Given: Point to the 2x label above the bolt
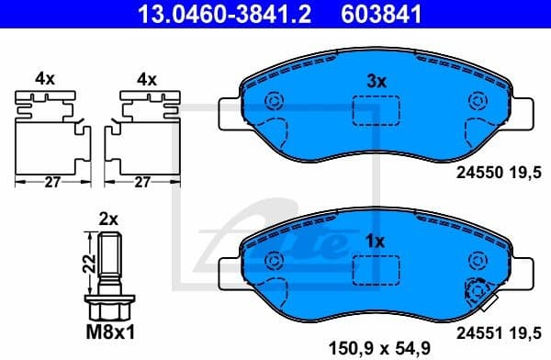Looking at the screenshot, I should click(x=109, y=219).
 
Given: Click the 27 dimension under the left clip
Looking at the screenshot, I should click(x=53, y=182).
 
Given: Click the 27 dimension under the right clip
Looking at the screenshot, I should click(x=143, y=182).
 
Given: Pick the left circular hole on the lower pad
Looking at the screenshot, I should click(x=273, y=263).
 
